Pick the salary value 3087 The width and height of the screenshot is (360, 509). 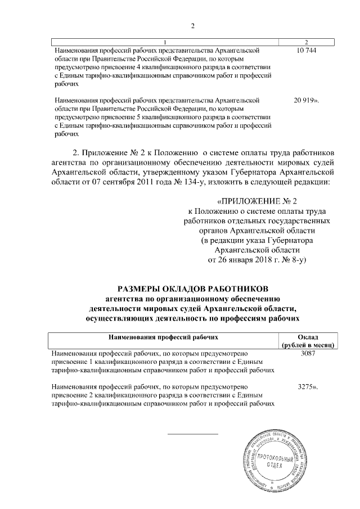click(x=307, y=353)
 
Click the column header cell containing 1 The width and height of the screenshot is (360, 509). click(x=165, y=43)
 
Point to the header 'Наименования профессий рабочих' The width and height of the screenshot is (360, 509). click(x=163, y=336)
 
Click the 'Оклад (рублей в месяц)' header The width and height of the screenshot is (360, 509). click(x=307, y=340)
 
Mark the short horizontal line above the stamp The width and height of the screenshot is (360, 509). click(x=192, y=434)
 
